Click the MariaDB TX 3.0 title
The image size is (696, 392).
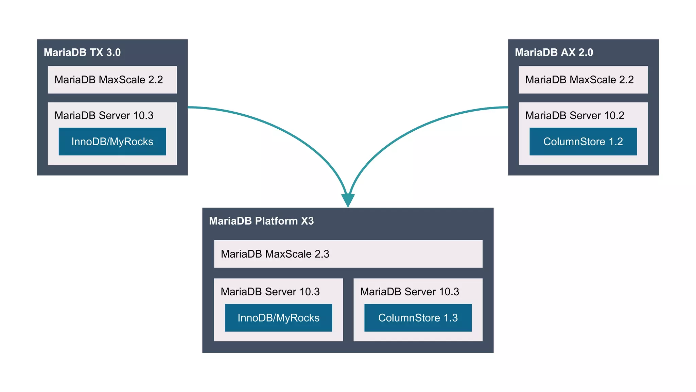point(82,52)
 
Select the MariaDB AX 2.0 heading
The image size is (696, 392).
point(554,52)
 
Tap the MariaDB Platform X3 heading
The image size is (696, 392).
point(261,221)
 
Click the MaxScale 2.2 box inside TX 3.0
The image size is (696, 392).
point(112,80)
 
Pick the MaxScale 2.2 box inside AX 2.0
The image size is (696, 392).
point(583,80)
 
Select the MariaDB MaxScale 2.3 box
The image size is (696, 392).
point(348,254)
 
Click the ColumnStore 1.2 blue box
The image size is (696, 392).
point(583,142)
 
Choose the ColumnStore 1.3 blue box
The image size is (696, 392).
point(418,318)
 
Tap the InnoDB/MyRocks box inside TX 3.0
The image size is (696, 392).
point(112,142)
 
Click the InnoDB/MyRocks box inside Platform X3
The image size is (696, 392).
point(278,318)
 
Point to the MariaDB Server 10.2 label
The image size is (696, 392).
point(575,115)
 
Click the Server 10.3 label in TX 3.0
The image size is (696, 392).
point(104,115)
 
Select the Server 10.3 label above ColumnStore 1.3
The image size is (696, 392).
point(410,292)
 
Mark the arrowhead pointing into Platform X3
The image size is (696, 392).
point(348,200)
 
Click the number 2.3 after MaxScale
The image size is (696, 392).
point(322,254)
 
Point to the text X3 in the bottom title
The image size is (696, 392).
point(307,221)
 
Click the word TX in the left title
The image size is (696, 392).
point(97,52)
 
